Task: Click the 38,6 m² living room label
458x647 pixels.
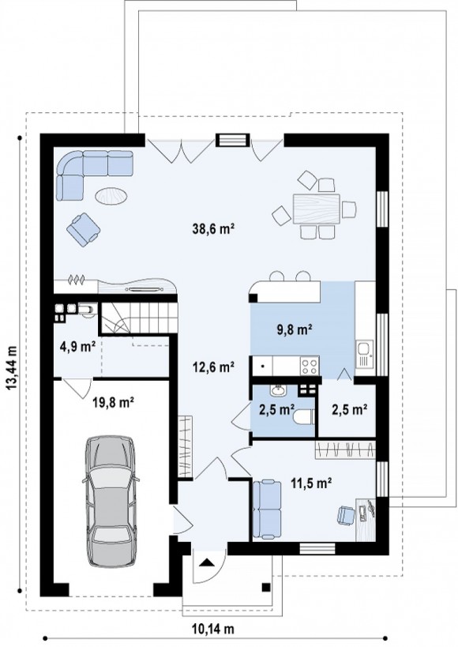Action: coord(213,228)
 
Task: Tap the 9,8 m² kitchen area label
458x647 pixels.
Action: coord(294,329)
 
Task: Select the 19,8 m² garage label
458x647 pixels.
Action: coord(113,402)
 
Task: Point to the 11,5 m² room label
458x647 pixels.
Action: coord(312,483)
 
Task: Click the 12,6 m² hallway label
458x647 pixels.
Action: coord(213,367)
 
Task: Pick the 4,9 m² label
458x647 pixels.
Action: coord(77,347)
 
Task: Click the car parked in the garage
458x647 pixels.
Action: coord(111,501)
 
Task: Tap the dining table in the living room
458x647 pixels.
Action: coord(317,209)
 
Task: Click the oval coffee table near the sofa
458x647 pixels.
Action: coord(111,196)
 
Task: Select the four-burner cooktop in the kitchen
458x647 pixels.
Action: coord(310,366)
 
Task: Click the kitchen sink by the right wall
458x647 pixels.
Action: coord(365,354)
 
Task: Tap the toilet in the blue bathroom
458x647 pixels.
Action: coord(304,417)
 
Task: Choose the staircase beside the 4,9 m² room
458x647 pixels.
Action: coord(140,318)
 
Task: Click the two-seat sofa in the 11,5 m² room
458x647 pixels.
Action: coord(267,510)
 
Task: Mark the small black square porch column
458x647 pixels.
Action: coord(266,586)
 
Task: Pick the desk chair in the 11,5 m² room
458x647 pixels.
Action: coord(346,516)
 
